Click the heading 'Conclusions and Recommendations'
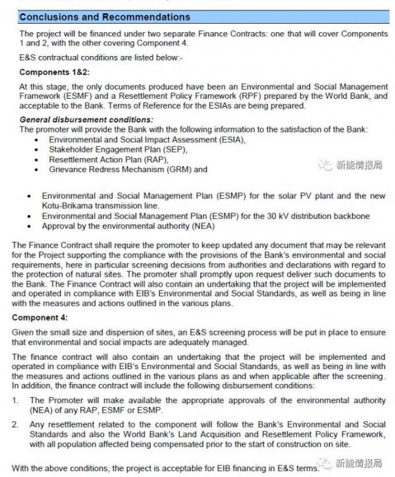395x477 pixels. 105,16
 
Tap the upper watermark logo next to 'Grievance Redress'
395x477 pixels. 325,165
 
